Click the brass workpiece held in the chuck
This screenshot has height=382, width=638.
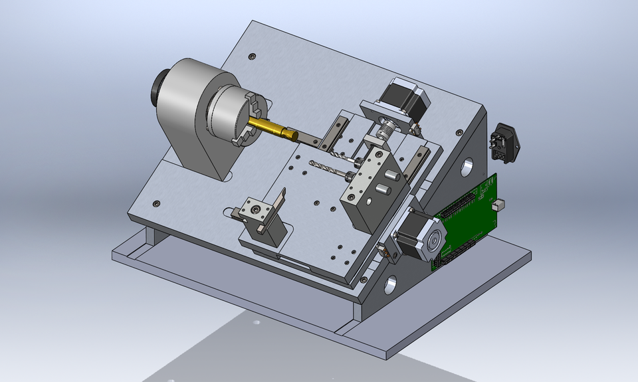click(272, 128)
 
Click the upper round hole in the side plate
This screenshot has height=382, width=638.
click(468, 165)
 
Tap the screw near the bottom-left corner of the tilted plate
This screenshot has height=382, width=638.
click(156, 203)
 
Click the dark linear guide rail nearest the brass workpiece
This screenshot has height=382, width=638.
click(336, 131)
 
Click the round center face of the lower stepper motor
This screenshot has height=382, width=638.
click(435, 242)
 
